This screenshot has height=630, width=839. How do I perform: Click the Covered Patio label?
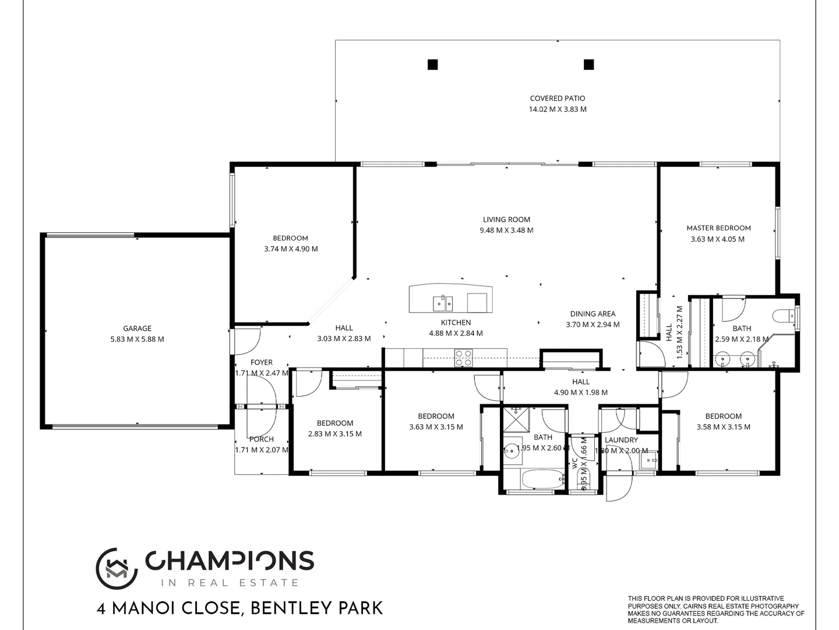557,99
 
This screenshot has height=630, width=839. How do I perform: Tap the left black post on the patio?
432,65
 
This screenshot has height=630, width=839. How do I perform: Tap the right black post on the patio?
588,65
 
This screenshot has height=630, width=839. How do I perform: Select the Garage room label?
137,328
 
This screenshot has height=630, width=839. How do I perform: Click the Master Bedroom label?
718,228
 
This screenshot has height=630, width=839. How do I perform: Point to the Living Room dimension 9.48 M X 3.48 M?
506,230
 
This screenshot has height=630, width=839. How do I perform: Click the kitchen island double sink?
442,303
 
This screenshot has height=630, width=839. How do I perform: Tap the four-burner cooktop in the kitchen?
463,358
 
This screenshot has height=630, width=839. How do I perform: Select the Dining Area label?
593,314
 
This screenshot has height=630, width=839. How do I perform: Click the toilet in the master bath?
783,316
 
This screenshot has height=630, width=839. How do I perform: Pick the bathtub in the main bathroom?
542,480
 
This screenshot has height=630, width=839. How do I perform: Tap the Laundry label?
621,440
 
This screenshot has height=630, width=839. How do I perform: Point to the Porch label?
261,439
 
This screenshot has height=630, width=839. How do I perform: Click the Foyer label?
261,362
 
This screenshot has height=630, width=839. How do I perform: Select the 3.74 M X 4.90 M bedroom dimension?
291,249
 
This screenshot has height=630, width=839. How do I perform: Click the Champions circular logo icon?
117,568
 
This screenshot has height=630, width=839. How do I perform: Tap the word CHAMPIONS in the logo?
230,561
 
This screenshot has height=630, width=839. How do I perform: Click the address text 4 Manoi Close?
168,609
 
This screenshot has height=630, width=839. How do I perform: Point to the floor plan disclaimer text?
715,610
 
